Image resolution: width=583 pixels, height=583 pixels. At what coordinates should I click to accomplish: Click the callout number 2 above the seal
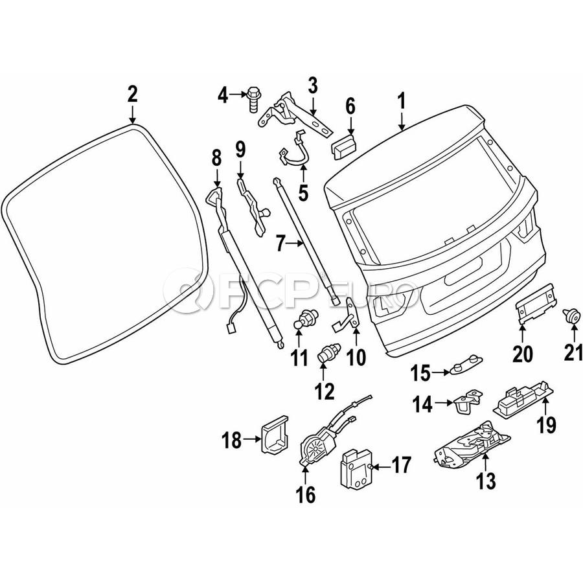(132, 95)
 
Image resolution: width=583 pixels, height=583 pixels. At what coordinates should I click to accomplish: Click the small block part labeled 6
(345, 144)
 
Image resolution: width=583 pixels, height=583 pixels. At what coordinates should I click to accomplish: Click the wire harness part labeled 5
(295, 155)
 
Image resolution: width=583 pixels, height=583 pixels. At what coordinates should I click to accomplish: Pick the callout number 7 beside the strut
(280, 244)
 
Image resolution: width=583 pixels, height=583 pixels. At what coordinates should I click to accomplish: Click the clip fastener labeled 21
(572, 315)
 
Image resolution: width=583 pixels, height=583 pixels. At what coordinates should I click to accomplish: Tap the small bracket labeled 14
(468, 401)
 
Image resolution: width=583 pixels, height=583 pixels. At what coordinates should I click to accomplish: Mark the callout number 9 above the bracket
(240, 150)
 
